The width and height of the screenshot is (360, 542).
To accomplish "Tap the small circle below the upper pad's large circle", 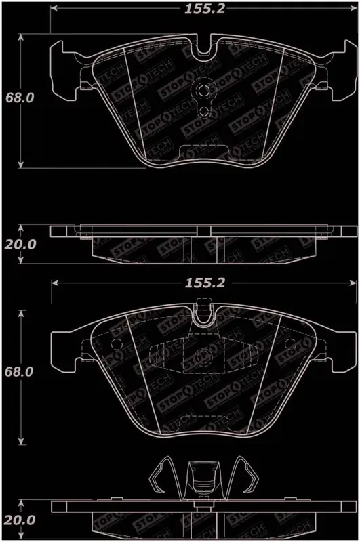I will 202,110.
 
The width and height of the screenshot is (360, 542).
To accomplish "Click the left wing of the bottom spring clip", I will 163,477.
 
